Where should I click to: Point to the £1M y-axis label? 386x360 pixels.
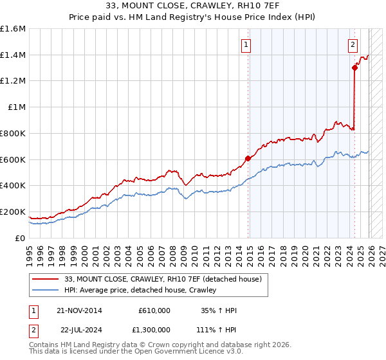click(17, 107)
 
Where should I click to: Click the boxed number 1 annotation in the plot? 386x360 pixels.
click(246, 45)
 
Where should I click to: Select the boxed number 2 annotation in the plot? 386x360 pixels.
click(353, 45)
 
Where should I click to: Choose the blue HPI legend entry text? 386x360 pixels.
click(140, 290)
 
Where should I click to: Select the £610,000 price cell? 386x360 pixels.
click(154, 310)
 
